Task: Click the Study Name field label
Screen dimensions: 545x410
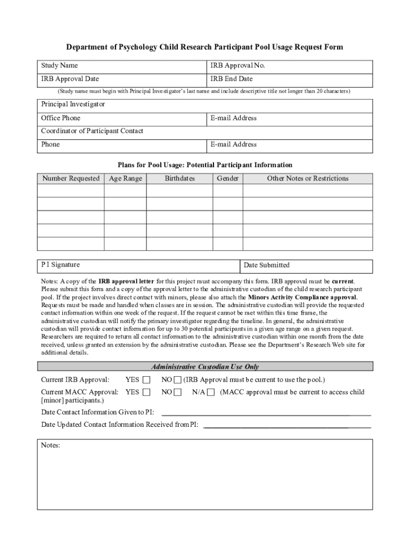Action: click(59, 65)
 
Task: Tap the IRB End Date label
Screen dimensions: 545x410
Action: click(231, 79)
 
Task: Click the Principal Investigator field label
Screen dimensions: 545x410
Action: click(73, 104)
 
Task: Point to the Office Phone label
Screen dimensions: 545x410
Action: click(61, 118)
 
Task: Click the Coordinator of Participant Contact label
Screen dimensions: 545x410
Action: click(92, 131)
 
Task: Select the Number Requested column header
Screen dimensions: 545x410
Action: click(71, 179)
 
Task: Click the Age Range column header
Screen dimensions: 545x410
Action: click(125, 179)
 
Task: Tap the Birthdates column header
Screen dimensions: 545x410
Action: click(179, 179)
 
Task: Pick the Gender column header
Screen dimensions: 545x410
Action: click(228, 179)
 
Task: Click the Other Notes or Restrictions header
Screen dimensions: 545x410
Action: click(308, 179)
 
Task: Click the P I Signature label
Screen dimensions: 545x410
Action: click(61, 265)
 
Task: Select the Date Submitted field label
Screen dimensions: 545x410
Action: click(266, 265)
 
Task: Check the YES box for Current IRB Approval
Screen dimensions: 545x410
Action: click(146, 380)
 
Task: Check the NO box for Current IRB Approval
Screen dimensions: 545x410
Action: click(178, 380)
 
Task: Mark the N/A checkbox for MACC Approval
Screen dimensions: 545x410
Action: click(211, 393)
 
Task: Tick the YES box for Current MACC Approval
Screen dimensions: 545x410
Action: click(146, 393)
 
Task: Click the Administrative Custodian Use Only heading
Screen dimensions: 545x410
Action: click(205, 367)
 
